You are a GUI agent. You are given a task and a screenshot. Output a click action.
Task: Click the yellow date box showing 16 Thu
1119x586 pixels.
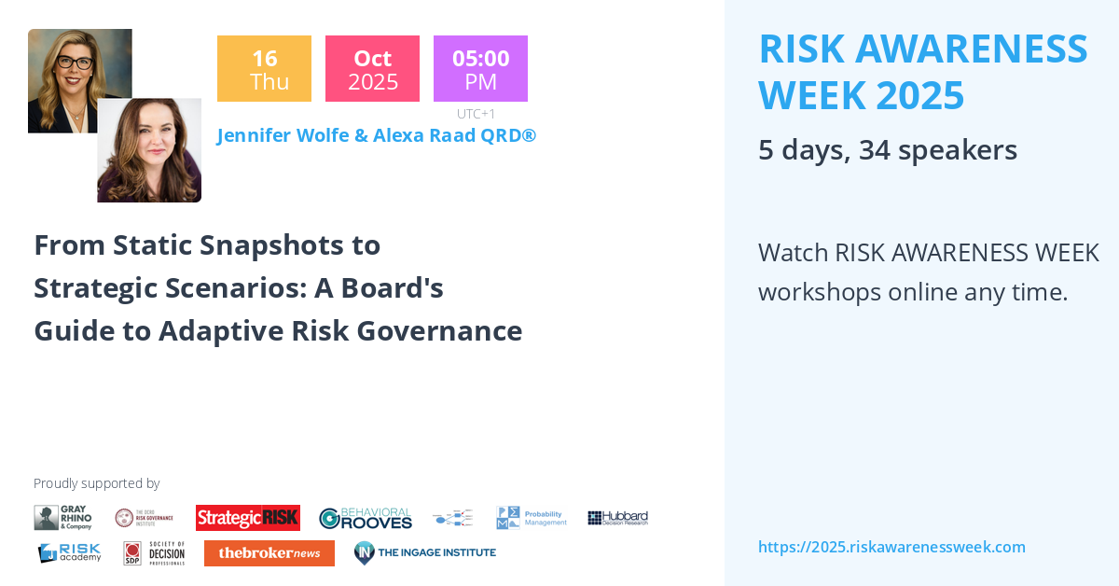pyautogui.click(x=264, y=69)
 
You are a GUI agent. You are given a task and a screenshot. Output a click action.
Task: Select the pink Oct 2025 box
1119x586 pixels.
pyautogui.click(x=372, y=69)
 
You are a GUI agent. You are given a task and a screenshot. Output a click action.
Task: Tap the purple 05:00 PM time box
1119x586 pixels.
pyautogui.click(x=480, y=69)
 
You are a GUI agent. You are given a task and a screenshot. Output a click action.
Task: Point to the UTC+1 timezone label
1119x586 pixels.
pyautogui.click(x=476, y=114)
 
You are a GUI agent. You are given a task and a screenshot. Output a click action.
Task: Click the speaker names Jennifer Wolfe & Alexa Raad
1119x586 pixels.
pyautogui.click(x=376, y=136)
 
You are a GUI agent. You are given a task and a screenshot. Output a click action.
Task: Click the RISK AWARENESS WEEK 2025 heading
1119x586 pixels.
pyautogui.click(x=923, y=72)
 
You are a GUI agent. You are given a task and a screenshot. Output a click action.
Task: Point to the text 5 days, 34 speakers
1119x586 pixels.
pyautogui.click(x=887, y=150)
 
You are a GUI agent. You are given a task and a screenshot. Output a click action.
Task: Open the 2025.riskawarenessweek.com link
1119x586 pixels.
pyautogui.click(x=891, y=547)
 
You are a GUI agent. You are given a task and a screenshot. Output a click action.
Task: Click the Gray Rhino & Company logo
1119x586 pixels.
pyautogui.click(x=63, y=518)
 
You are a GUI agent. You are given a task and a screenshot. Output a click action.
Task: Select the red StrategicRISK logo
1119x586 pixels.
pyautogui.click(x=247, y=518)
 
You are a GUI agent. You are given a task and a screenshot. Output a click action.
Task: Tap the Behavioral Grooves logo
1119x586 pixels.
pyautogui.click(x=366, y=518)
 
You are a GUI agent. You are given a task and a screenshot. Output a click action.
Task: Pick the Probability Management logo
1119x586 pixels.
pyautogui.click(x=532, y=518)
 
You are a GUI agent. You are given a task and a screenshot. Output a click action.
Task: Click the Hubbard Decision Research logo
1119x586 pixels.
pyautogui.click(x=617, y=518)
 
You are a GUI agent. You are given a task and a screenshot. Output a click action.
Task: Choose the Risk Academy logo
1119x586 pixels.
pyautogui.click(x=69, y=553)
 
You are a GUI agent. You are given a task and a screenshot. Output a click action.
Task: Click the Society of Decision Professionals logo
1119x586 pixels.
pyautogui.click(x=155, y=553)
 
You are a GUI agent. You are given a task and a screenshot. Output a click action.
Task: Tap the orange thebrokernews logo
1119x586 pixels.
pyautogui.click(x=269, y=553)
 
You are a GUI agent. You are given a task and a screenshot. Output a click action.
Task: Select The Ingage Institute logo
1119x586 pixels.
pyautogui.click(x=425, y=553)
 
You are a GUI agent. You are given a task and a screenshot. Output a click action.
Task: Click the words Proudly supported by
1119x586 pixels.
pyautogui.click(x=96, y=483)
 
